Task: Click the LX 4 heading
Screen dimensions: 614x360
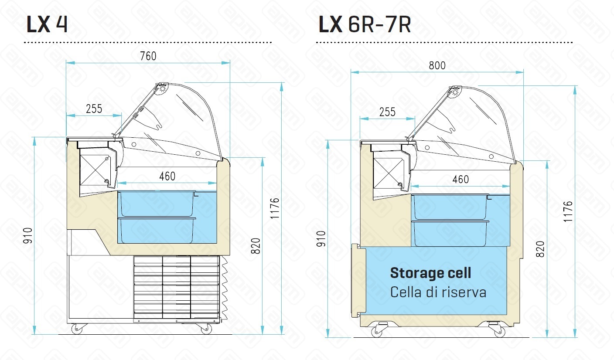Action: point(47,24)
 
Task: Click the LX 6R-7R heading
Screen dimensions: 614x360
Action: point(365,24)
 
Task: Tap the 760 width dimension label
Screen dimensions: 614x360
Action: point(148,56)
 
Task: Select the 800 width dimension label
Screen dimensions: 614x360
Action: point(437,65)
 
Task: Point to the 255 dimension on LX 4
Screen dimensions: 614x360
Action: point(94,109)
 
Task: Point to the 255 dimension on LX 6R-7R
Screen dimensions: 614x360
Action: point(387,112)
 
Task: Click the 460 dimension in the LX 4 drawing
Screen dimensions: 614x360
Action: point(167,176)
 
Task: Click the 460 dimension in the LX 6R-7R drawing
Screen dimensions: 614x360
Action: point(460,180)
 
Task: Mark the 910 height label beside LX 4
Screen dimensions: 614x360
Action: point(27,235)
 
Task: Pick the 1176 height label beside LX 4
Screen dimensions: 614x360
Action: point(275,208)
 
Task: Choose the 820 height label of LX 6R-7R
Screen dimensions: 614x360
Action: point(540,249)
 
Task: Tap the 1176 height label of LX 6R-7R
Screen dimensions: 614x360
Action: point(568,211)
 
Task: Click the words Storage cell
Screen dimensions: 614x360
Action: point(430,273)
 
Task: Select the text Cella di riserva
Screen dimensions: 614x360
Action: point(438,292)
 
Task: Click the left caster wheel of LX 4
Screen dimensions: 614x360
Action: point(77,329)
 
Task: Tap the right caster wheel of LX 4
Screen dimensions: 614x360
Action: point(206,329)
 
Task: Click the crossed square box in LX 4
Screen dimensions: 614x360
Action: point(95,170)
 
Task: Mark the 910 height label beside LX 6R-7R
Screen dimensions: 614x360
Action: point(321,239)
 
